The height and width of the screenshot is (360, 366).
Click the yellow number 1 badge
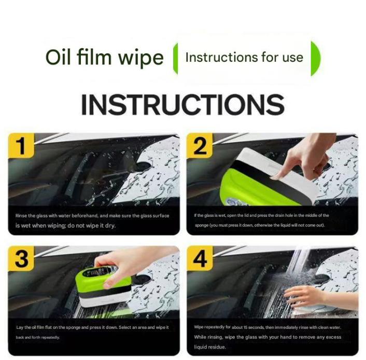(x=21, y=146)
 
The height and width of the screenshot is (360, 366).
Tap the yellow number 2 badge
(x=200, y=146)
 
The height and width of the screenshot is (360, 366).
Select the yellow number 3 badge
(x=21, y=259)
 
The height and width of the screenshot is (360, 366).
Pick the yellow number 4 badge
(x=200, y=259)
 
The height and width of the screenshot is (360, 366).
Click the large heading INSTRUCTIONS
(x=182, y=104)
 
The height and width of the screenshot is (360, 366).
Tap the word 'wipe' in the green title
(x=141, y=58)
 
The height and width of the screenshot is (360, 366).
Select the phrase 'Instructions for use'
(x=244, y=57)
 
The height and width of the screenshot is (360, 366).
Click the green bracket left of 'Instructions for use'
(x=175, y=59)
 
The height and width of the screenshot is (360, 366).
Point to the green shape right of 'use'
(x=315, y=59)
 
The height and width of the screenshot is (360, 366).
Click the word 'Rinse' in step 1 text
(x=21, y=216)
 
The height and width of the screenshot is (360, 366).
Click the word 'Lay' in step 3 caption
(x=19, y=327)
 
